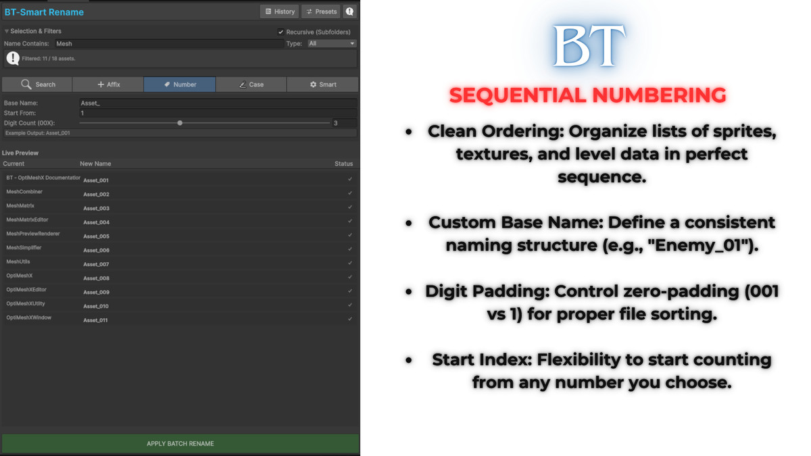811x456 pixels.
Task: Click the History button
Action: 279,11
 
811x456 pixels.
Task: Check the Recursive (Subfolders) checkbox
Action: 281,32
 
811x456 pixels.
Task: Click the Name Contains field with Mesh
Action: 169,43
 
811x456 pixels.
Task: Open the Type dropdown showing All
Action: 331,43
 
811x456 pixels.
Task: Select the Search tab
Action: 37,84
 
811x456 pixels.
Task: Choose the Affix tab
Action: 108,84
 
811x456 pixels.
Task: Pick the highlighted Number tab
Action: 180,84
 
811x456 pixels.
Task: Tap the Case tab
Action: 251,84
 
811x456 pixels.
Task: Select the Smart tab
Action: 322,84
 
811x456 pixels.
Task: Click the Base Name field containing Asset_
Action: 218,103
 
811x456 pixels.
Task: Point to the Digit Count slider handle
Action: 180,123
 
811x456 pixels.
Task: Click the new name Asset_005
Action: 96,236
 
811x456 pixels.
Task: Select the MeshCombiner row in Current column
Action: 24,192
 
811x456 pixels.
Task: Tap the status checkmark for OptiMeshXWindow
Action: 350,318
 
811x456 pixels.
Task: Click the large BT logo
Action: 587,47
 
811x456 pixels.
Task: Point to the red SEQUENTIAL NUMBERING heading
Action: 587,95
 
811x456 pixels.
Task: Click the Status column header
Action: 343,163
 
